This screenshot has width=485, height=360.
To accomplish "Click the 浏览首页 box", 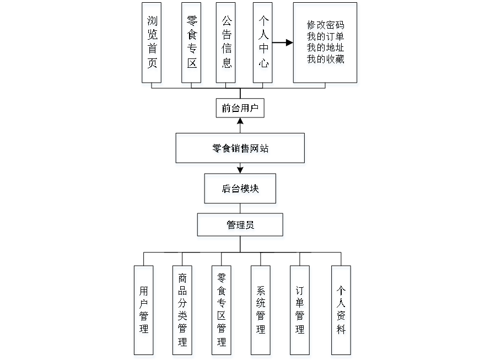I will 152,45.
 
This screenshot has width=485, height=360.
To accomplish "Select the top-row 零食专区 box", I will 192,45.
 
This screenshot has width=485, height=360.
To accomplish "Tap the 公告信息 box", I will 227,45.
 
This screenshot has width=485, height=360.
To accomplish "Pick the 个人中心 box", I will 263,45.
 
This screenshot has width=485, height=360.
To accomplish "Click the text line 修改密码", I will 326,26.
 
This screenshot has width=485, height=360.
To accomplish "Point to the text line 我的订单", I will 326,37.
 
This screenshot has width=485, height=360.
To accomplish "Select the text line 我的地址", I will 326,49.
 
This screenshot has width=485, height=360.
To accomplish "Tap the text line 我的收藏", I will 326,60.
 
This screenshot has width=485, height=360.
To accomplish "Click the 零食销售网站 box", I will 240,150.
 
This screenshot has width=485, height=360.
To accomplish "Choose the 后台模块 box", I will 241,191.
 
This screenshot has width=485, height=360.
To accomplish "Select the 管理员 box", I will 241,227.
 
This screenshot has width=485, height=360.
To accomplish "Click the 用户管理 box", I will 144,311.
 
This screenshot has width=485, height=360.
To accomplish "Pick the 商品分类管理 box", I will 183,311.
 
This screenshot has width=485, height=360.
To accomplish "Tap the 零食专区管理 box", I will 222,311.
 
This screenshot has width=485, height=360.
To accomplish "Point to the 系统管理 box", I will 261,311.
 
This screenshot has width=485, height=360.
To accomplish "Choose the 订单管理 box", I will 300,311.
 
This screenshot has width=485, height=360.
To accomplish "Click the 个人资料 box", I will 342,311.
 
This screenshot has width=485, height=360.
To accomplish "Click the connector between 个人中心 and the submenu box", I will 284,42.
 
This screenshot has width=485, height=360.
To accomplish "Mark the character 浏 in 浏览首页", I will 152,22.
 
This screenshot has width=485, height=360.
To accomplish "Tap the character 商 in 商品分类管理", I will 183,280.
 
